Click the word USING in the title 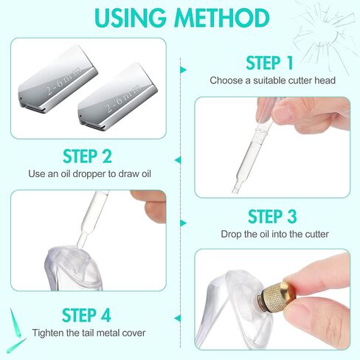(131, 18)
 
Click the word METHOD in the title (222, 18)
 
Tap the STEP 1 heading (269, 63)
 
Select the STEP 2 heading (87, 156)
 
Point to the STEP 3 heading (272, 216)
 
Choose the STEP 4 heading (86, 315)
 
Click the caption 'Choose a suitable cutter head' (272, 80)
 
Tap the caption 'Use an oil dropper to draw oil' (89, 174)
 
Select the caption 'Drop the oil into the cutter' (274, 234)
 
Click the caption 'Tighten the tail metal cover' (89, 333)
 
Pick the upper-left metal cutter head (58, 79)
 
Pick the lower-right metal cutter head (117, 96)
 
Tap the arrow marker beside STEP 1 (183, 70)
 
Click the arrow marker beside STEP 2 (178, 160)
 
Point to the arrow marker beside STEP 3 (183, 223)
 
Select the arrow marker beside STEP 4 (178, 319)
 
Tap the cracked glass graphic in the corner (325, 37)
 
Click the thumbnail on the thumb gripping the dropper (283, 114)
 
